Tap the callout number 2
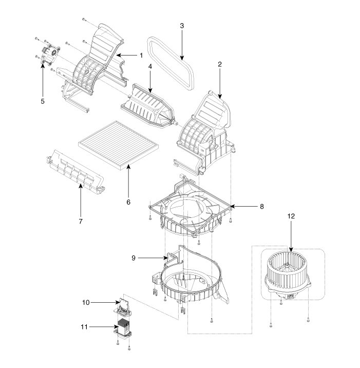pos(219,64)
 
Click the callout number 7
pos(81,221)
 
